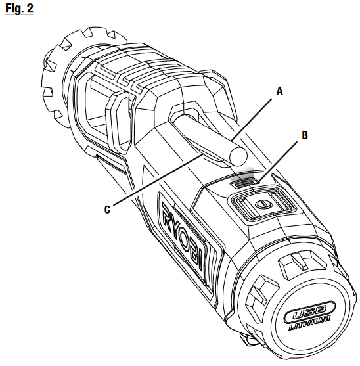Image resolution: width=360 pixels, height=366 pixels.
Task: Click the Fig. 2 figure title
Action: [19, 9]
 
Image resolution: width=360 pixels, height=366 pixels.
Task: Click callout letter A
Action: [279, 91]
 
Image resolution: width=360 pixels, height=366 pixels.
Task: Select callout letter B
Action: [305, 135]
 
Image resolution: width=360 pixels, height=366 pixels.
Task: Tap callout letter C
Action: [107, 210]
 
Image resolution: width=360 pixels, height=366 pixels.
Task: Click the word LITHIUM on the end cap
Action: [309, 323]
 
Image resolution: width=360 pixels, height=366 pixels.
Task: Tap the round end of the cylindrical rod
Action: [238, 157]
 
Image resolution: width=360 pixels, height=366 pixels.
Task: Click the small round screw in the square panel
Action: [263, 204]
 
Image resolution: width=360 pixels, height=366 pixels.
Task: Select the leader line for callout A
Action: [252, 120]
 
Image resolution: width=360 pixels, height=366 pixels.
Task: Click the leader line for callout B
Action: [278, 161]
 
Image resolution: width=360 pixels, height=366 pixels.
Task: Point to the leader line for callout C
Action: [158, 179]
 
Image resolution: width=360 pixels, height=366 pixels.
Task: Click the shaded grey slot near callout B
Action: [242, 179]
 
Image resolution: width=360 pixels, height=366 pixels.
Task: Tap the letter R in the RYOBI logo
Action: [168, 212]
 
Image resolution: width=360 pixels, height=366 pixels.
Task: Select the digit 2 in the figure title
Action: [30, 9]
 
